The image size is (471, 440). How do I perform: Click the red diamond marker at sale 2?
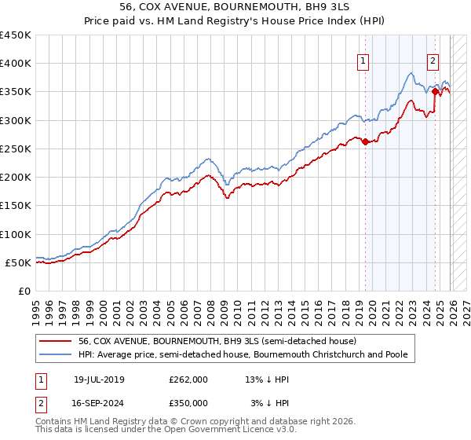pyautogui.click(x=435, y=92)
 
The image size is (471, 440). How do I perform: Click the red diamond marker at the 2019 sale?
pyautogui.click(x=365, y=141)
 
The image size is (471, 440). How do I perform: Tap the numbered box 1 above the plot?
pyautogui.click(x=364, y=64)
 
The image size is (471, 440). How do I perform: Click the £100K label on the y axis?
pyautogui.click(x=16, y=234)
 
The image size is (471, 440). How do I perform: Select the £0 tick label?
pyautogui.click(x=24, y=291)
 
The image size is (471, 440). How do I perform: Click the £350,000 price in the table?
pyautogui.click(x=188, y=402)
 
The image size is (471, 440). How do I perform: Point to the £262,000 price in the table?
pyautogui.click(x=188, y=379)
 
